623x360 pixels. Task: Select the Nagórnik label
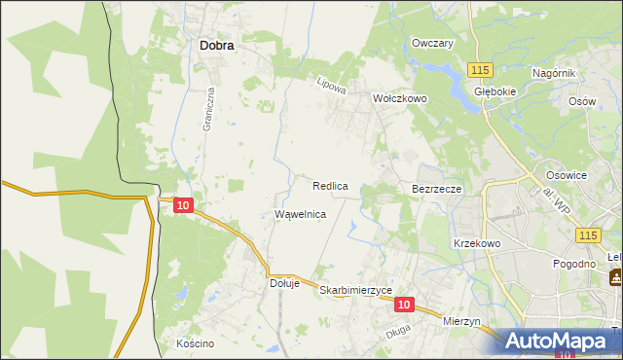[555, 74]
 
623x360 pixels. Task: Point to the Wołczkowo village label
[400, 98]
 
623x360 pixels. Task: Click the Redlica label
[331, 185]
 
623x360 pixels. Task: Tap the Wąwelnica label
[300, 214]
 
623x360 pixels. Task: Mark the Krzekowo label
[476, 243]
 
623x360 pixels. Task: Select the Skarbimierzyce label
[355, 290]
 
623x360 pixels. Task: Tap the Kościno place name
[195, 343]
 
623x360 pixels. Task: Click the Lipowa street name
[332, 86]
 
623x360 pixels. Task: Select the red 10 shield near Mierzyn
[405, 305]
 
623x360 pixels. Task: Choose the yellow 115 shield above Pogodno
[587, 236]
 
